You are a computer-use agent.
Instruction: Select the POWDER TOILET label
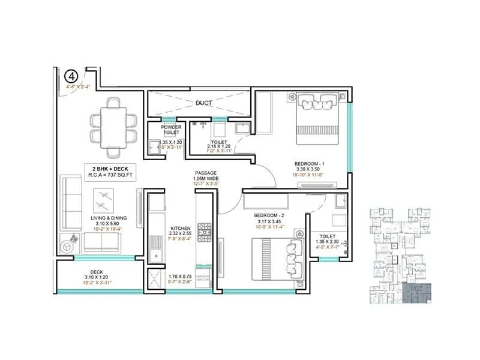[x=172, y=130]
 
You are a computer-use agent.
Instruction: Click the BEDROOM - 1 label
[x=310, y=163]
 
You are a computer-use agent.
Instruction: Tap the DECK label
[x=97, y=271]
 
